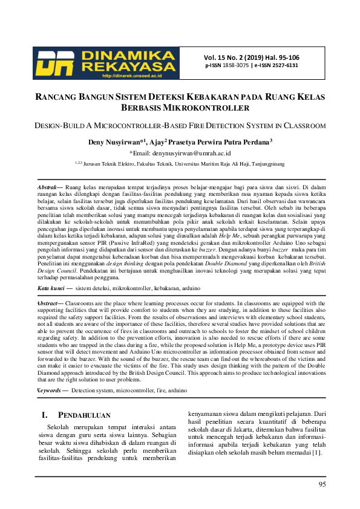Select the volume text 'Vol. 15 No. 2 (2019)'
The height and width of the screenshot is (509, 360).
pos(232,57)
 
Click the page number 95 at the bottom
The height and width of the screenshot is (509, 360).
pos(322,484)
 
